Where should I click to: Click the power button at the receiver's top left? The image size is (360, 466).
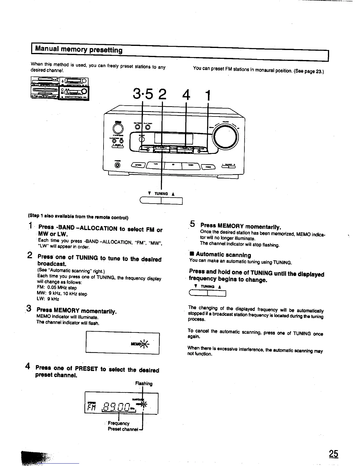pyautogui.click(x=118, y=129)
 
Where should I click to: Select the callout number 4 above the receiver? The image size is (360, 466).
pyautogui.click(x=186, y=94)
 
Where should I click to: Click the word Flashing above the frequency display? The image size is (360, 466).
pyautogui.click(x=144, y=384)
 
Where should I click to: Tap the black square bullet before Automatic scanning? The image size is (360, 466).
pyautogui.click(x=191, y=254)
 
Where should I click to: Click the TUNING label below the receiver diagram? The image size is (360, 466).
pyautogui.click(x=162, y=194)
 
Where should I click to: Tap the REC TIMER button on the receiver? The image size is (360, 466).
pyautogui.click(x=137, y=127)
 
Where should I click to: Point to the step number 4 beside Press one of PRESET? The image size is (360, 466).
pyautogui.click(x=28, y=366)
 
